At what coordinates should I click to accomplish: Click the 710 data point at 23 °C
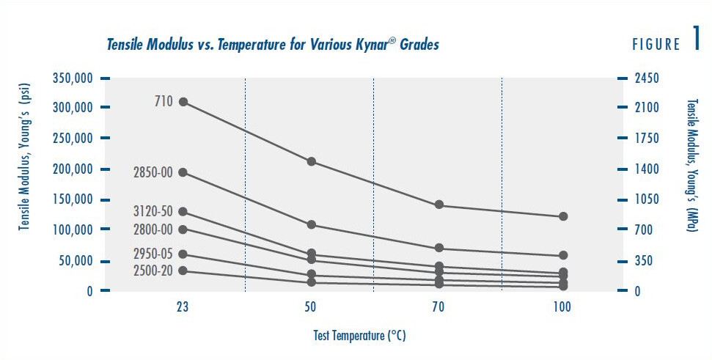[x=183, y=102]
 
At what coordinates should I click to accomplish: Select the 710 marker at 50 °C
[x=311, y=161]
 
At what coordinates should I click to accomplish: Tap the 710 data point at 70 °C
[x=439, y=205]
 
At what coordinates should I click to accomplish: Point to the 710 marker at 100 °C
[x=563, y=216]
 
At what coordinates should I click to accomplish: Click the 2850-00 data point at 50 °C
[x=311, y=224]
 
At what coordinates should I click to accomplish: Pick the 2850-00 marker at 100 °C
[x=563, y=255]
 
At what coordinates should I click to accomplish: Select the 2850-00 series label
[x=153, y=173]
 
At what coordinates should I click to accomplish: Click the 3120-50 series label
[x=153, y=213]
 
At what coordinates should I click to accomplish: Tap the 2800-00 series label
[x=153, y=229]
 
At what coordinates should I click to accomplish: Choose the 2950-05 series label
[x=153, y=254]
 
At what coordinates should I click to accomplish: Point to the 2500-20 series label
[x=153, y=271]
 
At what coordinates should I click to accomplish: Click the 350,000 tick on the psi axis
[x=72, y=78]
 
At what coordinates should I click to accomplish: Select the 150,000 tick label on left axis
[x=72, y=199]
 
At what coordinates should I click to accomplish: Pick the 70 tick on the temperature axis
[x=438, y=309]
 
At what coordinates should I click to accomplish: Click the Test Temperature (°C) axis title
[x=356, y=336]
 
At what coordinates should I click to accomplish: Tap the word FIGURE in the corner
[x=656, y=45]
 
